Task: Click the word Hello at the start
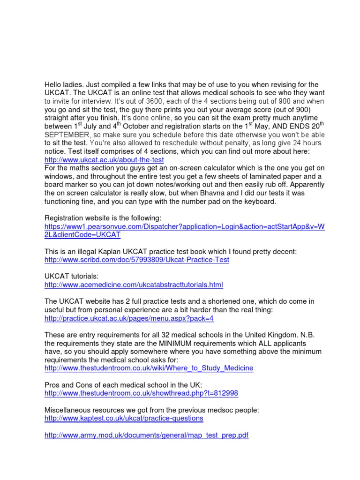click(x=54, y=84)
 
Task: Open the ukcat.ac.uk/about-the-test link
click(x=104, y=160)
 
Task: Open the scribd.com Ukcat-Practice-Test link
click(x=137, y=260)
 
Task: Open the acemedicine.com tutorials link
click(x=134, y=285)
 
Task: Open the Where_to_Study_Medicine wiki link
click(x=149, y=368)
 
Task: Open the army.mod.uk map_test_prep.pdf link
click(x=146, y=435)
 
